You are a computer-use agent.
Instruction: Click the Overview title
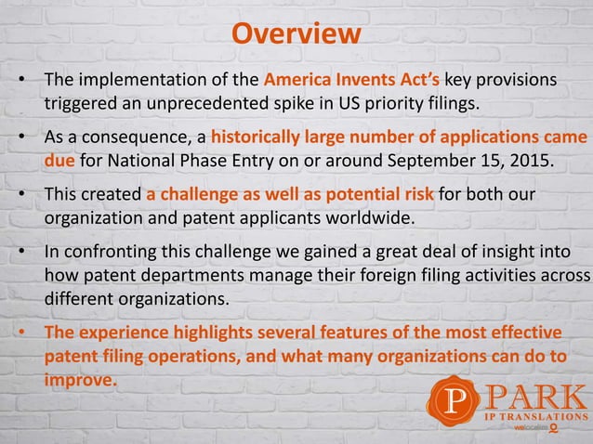tap(296, 34)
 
